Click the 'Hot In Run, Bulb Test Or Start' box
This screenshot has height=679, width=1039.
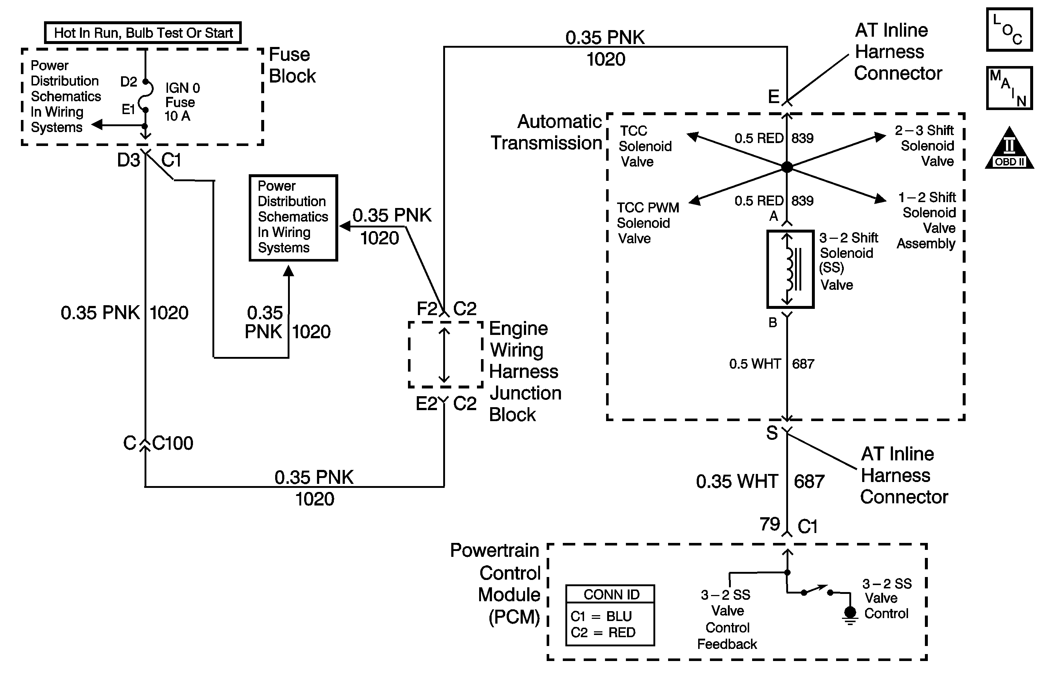pos(143,33)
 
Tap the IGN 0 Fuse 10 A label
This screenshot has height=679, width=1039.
pos(182,102)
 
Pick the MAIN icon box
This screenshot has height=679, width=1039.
pos(1009,88)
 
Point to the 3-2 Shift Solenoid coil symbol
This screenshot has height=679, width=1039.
pos(790,269)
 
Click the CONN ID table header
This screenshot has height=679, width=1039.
pos(611,594)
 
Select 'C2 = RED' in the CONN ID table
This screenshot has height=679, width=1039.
pos(603,632)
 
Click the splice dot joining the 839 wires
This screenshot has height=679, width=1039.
pos(787,167)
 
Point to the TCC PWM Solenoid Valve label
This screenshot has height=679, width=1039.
pos(648,223)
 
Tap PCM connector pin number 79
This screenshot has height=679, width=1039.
pos(769,524)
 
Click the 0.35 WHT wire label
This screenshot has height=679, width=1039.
pos(737,482)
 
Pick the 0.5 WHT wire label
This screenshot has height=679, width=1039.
pos(754,364)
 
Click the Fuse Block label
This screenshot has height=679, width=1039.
pos(292,65)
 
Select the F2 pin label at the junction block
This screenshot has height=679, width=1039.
pos(427,309)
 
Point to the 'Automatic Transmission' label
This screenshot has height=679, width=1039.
pos(547,132)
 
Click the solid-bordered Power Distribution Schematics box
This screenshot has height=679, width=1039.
pos(293,217)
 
